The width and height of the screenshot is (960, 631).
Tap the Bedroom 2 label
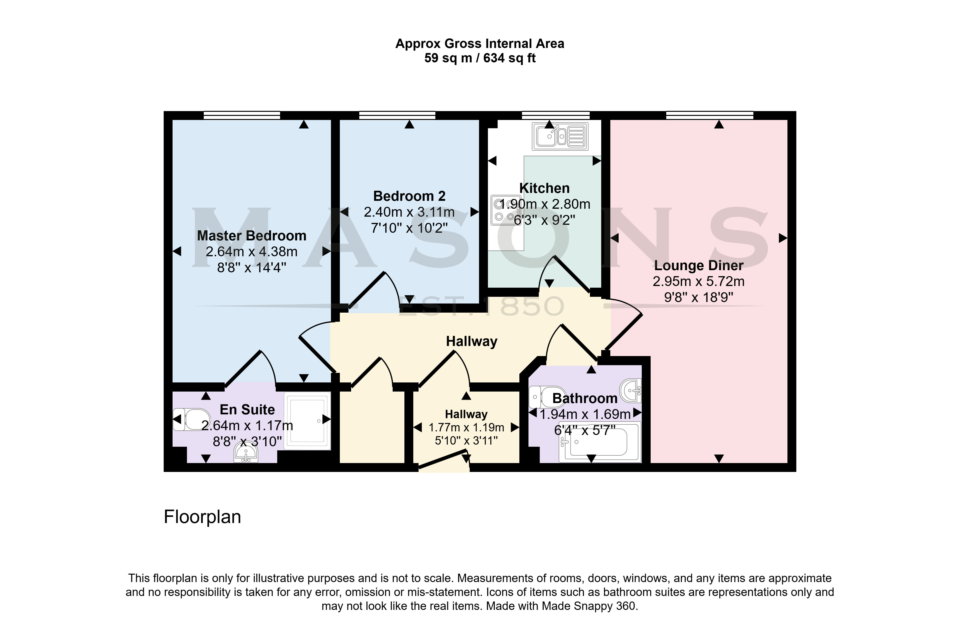409,196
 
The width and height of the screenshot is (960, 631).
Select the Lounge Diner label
699,265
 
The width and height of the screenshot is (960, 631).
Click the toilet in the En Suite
192,419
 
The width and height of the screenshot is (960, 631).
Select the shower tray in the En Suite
307,421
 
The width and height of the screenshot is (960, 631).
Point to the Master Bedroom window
242,115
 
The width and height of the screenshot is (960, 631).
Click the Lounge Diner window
710,115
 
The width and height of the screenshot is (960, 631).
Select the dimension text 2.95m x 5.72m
699,281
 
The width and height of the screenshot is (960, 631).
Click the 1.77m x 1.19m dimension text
466,427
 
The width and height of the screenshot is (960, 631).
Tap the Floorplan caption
203,517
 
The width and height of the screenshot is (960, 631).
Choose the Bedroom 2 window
397,115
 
